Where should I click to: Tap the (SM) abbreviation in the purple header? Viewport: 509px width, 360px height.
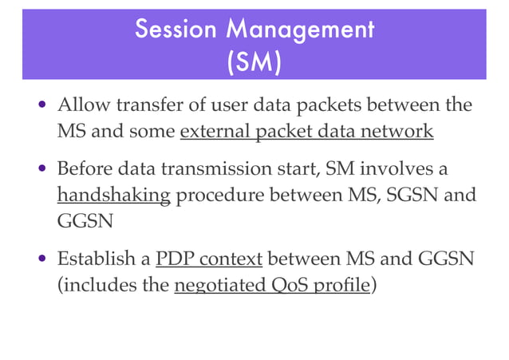(x=254, y=63)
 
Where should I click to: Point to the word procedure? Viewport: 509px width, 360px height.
(x=214, y=196)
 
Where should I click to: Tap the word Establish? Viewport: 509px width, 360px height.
(x=93, y=259)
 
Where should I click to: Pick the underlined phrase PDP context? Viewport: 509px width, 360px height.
(x=208, y=259)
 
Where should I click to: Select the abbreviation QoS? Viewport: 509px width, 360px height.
(x=294, y=285)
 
